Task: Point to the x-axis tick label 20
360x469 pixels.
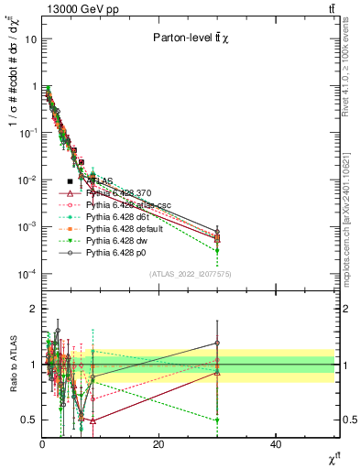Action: point(158,445)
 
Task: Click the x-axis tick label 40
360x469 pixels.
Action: point(276,445)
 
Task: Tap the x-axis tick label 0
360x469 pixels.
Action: point(42,445)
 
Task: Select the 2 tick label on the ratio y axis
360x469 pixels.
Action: point(33,309)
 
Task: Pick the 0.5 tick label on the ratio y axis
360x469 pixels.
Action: point(29,420)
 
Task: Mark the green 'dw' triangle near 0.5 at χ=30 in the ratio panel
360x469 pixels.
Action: point(217,420)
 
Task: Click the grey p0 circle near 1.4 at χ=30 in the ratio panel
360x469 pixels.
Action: point(217,343)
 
